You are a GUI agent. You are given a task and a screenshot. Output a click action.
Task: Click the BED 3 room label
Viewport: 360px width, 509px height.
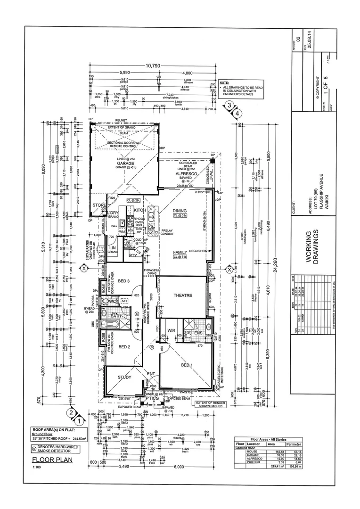tap(123, 281)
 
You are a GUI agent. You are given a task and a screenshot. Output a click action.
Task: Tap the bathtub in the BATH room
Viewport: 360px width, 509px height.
tap(116, 325)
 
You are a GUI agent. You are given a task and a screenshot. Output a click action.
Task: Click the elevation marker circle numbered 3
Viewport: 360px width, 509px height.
tap(229, 106)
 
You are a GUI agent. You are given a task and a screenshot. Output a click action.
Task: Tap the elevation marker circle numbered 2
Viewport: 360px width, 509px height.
tap(71, 413)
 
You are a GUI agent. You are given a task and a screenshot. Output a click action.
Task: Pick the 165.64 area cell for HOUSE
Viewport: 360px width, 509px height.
tap(274, 452)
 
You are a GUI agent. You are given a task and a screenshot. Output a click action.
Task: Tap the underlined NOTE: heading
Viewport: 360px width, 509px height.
tap(224, 82)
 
